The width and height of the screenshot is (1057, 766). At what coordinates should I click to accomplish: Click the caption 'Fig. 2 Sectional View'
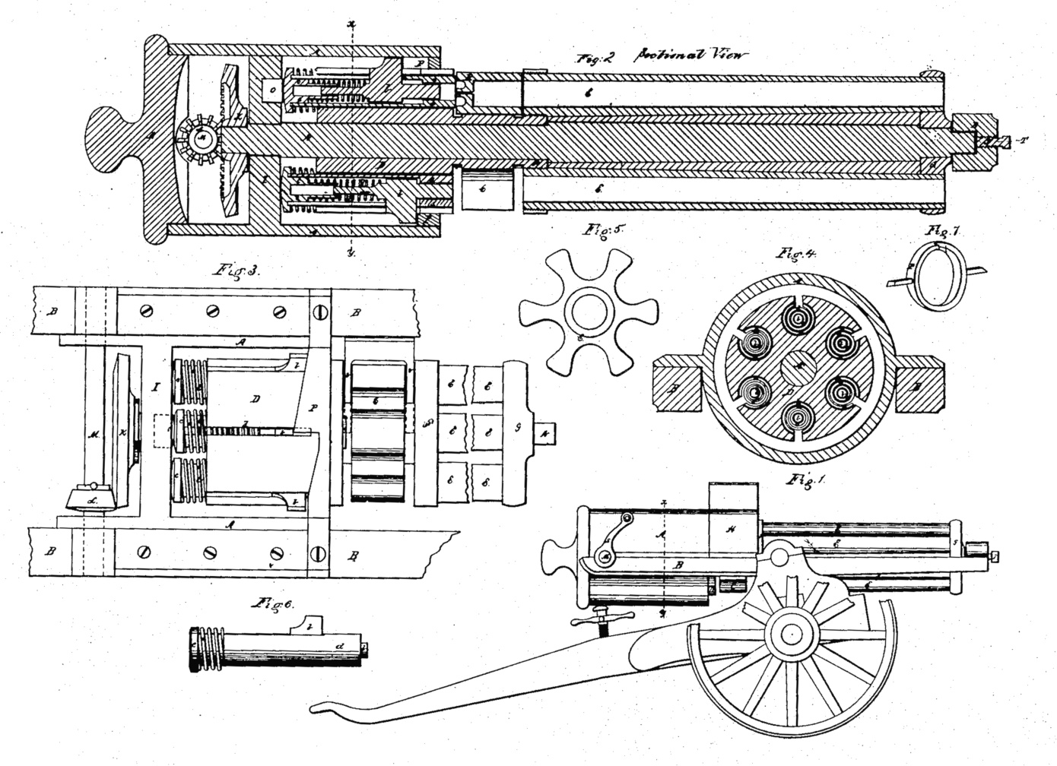662,55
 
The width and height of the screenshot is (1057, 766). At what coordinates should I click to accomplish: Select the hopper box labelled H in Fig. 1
734,529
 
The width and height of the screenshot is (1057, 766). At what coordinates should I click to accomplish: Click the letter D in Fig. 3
256,397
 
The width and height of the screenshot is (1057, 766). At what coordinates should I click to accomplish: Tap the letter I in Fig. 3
155,388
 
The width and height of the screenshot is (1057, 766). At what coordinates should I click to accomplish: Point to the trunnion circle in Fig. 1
779,559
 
